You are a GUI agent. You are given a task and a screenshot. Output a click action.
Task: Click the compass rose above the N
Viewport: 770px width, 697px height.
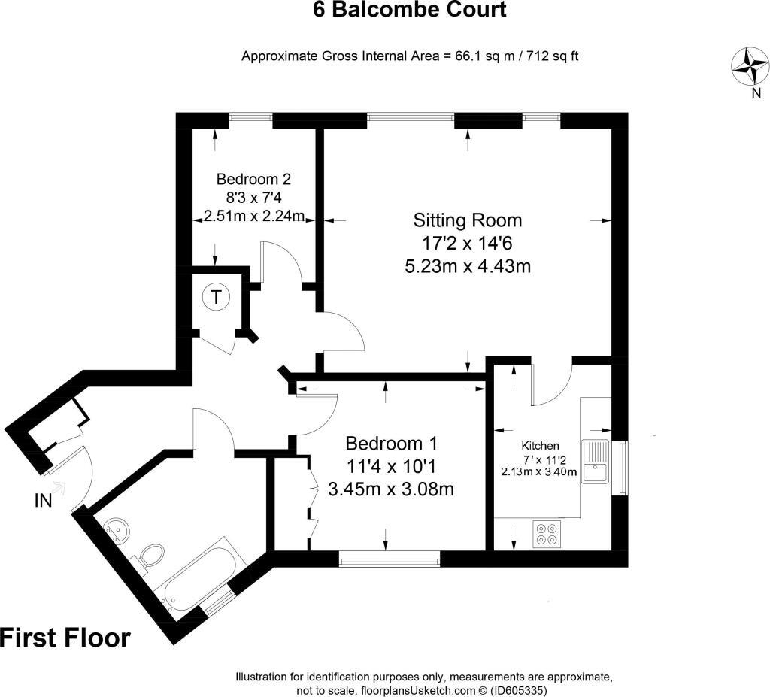click(750, 65)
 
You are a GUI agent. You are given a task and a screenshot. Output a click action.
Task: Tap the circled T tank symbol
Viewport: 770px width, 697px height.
click(217, 297)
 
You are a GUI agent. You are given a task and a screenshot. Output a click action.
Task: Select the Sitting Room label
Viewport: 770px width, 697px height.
click(468, 220)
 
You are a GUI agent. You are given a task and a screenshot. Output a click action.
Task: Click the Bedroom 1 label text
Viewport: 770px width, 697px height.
click(391, 443)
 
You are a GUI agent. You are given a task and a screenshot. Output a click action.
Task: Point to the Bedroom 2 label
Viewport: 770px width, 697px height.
click(253, 180)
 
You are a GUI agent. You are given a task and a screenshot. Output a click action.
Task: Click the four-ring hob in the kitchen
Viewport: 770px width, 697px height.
click(547, 533)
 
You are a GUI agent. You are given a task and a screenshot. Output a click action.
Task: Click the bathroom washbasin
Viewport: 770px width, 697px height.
click(117, 529)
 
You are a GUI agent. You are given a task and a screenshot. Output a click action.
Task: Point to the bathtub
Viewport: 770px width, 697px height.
click(199, 576)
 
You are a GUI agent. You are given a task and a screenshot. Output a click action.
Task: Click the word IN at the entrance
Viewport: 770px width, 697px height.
click(43, 500)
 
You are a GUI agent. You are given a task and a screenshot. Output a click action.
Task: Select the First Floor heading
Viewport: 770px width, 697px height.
click(65, 638)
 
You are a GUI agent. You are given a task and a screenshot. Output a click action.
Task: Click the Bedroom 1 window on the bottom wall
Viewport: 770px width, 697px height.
click(389, 559)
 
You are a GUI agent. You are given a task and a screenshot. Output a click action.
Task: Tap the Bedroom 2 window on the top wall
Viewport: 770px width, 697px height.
click(250, 118)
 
